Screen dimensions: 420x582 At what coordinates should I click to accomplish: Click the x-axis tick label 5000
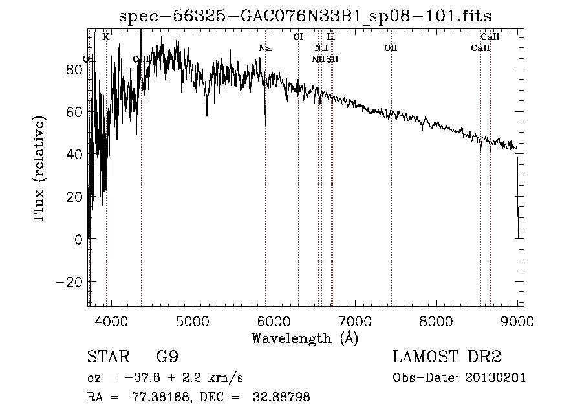pyautogui.click(x=192, y=322)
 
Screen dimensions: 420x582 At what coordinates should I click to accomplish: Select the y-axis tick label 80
pyautogui.click(x=74, y=70)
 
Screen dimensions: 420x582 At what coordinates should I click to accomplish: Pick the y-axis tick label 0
pyautogui.click(x=78, y=239)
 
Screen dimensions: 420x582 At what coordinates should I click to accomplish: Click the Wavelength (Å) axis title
pyautogui.click(x=305, y=338)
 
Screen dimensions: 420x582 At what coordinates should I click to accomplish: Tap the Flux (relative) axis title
pyautogui.click(x=40, y=170)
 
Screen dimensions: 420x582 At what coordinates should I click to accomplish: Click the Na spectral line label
pyautogui.click(x=264, y=48)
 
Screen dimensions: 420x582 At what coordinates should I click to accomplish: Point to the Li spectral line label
pyautogui.click(x=331, y=37)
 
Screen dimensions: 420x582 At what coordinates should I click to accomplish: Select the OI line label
pyautogui.click(x=298, y=37)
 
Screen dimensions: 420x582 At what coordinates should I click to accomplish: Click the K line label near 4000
pyautogui.click(x=106, y=37)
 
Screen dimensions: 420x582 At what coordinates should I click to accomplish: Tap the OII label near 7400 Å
pyautogui.click(x=390, y=48)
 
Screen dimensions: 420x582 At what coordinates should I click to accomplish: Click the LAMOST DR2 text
pyautogui.click(x=447, y=357)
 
